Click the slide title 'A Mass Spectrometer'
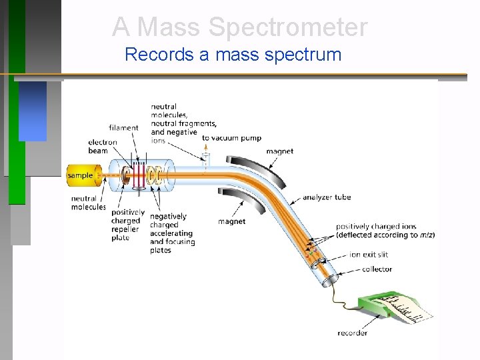click(239, 27)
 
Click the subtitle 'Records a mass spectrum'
click(233, 54)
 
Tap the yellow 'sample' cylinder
click(81, 175)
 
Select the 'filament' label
click(123, 128)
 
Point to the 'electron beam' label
click(102, 146)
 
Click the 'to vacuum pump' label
click(231, 138)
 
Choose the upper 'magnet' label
click(279, 151)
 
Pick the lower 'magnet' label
click(231, 221)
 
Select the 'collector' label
click(377, 269)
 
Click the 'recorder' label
click(352, 333)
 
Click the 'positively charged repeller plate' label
click(125, 225)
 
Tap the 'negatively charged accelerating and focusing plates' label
click(172, 233)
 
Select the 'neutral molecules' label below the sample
click(88, 203)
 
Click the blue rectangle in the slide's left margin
click(33, 111)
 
